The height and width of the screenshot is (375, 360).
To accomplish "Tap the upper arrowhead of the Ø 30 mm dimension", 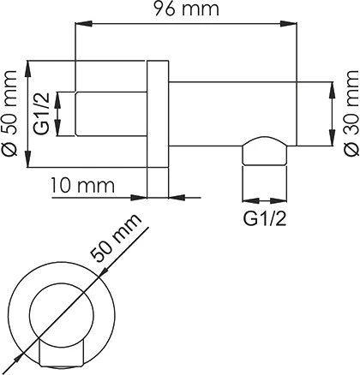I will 330,86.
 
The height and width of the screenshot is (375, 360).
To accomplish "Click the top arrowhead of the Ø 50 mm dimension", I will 30,65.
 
